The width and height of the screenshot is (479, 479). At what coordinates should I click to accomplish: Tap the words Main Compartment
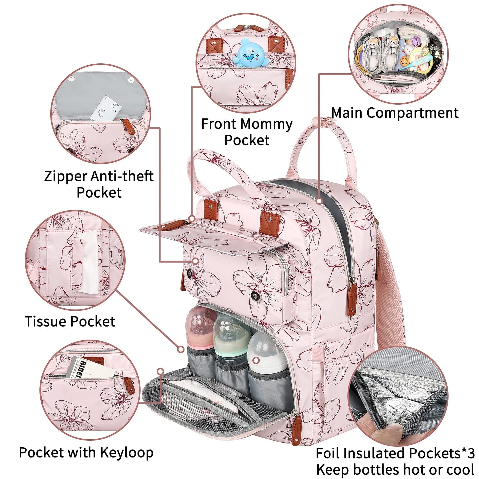coord(395,113)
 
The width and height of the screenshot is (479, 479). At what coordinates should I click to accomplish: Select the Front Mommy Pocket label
coord(247,132)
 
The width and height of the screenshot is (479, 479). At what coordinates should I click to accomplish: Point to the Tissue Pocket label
coord(70,321)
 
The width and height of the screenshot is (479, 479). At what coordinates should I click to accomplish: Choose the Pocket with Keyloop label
coord(86,452)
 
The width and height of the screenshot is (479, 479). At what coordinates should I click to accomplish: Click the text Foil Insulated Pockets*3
coord(395,453)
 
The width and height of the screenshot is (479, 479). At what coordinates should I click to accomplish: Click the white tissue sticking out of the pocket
coord(88,262)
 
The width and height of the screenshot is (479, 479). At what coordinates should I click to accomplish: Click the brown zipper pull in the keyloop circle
coord(129,385)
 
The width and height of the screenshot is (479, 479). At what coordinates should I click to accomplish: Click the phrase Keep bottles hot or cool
coord(395,470)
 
